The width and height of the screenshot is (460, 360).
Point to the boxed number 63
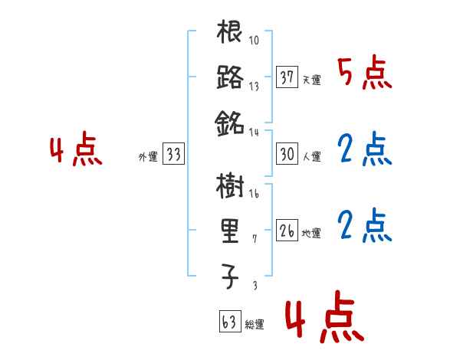[x=228, y=322]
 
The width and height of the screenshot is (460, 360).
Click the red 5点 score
[x=365, y=74]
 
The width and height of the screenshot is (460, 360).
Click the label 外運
[x=147, y=157]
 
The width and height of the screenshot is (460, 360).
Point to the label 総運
[x=254, y=325]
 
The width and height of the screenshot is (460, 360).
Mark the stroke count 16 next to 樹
[x=255, y=195]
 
